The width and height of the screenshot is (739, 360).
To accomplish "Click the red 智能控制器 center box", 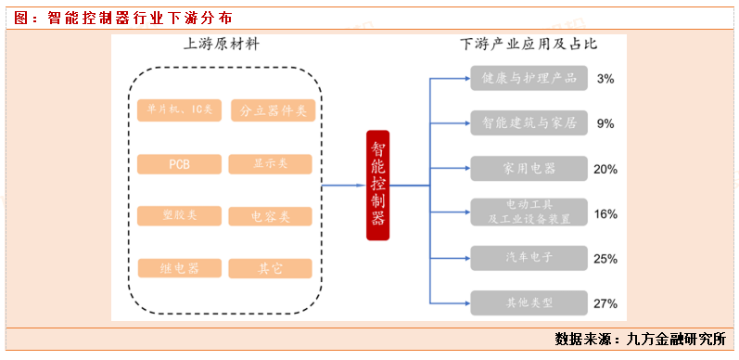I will pyautogui.click(x=377, y=185).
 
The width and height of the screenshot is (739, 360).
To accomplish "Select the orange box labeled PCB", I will pyautogui.click(x=179, y=164).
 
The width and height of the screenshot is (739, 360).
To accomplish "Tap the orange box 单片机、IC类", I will pyautogui.click(x=179, y=110).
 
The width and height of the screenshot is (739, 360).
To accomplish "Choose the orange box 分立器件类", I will pyautogui.click(x=272, y=111).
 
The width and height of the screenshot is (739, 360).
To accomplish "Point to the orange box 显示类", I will pyautogui.click(x=271, y=164).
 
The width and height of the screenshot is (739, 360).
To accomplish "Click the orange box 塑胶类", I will pyautogui.click(x=179, y=216).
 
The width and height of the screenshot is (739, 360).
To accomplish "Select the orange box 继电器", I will pyautogui.click(x=179, y=268).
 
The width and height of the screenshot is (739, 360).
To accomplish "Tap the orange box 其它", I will pyautogui.click(x=271, y=268).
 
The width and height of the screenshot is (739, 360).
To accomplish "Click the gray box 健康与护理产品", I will pyautogui.click(x=529, y=79).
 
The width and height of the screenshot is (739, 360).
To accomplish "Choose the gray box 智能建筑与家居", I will pyautogui.click(x=529, y=122).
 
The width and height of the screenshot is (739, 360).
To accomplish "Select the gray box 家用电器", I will pyautogui.click(x=529, y=169).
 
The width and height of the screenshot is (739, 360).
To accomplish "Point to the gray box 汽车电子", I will pyautogui.click(x=529, y=258).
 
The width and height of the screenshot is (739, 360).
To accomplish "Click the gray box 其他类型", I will pyautogui.click(x=529, y=302).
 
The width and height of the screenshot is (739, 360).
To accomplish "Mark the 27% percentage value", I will pyautogui.click(x=605, y=302).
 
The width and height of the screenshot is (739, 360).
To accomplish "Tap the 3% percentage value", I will pyautogui.click(x=605, y=79).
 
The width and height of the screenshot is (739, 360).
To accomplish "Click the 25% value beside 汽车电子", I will pyautogui.click(x=605, y=259).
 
